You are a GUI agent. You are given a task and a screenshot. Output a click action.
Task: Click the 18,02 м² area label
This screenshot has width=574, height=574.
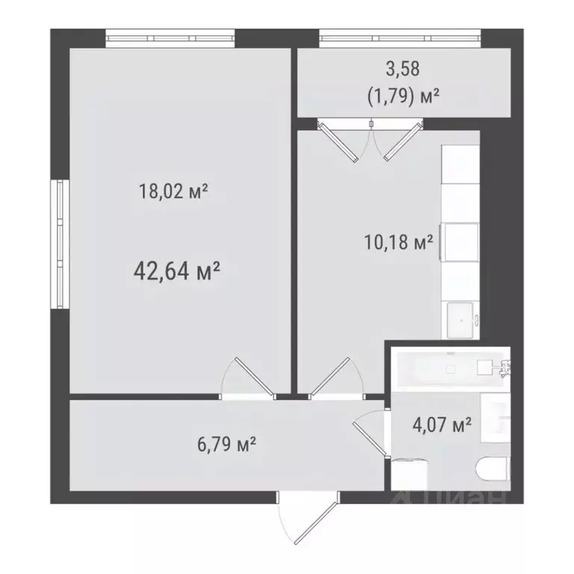click(173, 192)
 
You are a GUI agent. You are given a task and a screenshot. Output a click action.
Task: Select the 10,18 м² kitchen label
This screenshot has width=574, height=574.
click(398, 243)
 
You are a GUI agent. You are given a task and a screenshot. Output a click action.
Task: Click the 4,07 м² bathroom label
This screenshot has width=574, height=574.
click(442, 425)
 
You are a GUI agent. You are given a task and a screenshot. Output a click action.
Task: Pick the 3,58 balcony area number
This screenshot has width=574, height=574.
click(403, 70)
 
